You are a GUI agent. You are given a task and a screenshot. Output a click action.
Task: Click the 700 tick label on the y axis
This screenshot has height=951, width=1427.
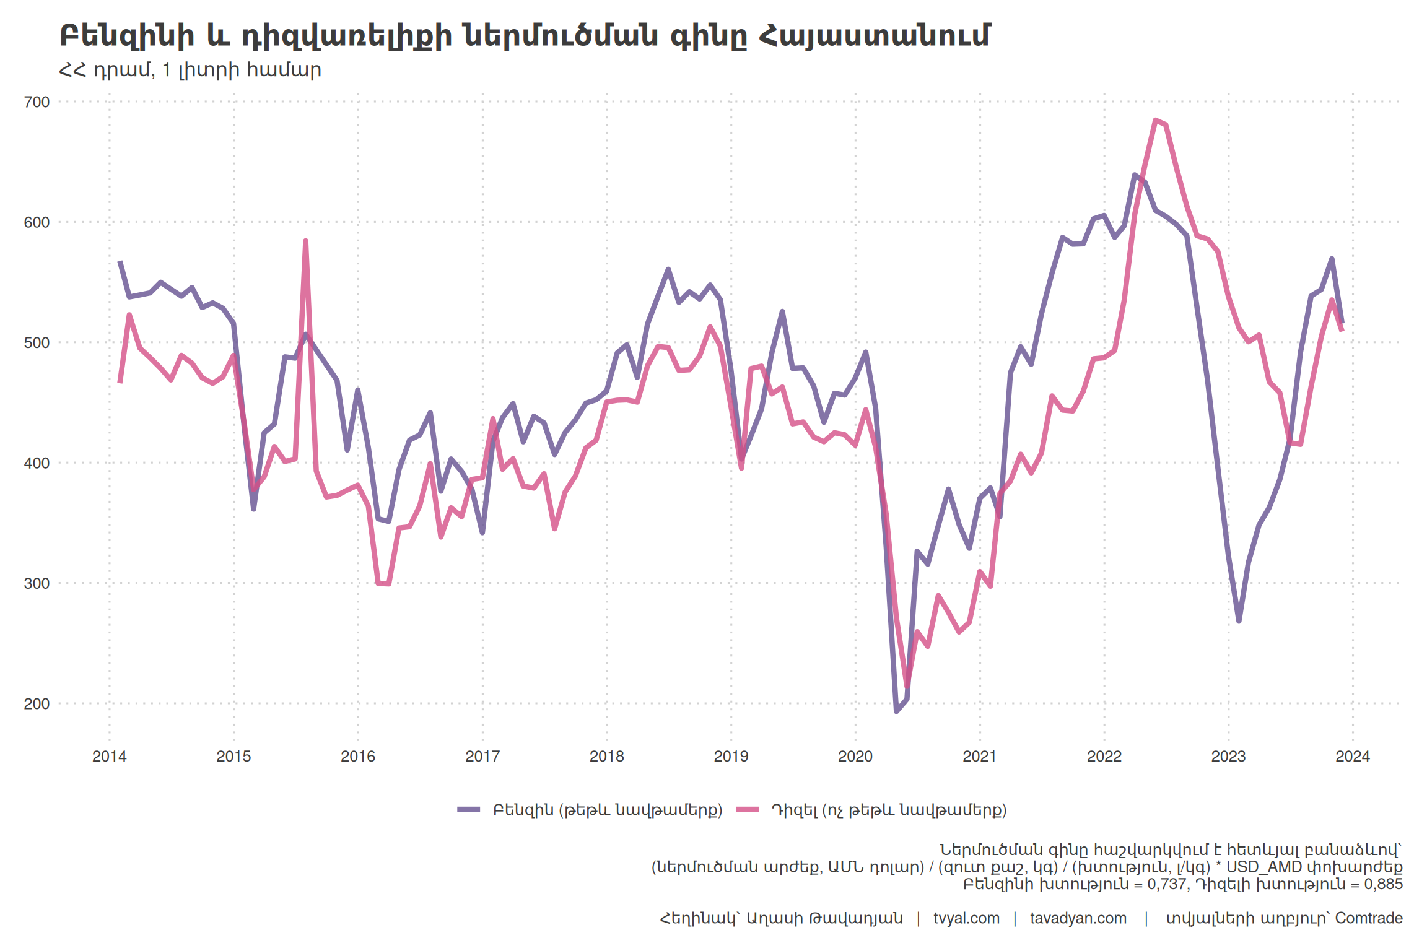click(x=37, y=102)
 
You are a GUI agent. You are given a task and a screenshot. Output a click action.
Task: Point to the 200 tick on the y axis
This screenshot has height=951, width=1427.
click(x=37, y=704)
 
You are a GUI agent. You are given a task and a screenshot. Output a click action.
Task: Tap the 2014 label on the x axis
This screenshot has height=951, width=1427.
click(x=109, y=756)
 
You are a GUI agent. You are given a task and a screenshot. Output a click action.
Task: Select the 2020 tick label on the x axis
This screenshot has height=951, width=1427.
click(x=855, y=756)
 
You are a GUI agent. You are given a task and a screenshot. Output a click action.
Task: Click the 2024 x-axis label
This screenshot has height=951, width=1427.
click(x=1353, y=756)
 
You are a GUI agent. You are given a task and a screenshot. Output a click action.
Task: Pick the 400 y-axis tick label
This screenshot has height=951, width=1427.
click(x=37, y=463)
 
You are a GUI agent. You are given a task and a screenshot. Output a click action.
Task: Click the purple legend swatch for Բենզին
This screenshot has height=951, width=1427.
click(x=469, y=810)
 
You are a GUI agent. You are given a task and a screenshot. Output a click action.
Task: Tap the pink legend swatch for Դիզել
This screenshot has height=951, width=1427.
click(x=748, y=810)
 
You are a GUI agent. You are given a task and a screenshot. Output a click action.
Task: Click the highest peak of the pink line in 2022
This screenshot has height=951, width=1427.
click(x=1156, y=120)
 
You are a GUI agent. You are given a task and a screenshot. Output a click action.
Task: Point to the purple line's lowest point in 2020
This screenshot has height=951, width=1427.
click(x=896, y=711)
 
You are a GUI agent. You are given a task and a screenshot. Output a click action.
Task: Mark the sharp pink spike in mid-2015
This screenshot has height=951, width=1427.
click(x=306, y=241)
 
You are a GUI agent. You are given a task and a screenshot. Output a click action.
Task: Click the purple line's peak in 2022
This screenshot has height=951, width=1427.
click(x=1135, y=175)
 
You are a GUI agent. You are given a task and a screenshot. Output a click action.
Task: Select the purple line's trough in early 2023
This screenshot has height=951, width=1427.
click(x=1239, y=621)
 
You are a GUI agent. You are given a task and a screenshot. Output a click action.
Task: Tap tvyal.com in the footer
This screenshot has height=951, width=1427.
click(x=966, y=918)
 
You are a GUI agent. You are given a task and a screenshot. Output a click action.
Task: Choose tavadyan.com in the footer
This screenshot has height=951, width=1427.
click(x=1078, y=918)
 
